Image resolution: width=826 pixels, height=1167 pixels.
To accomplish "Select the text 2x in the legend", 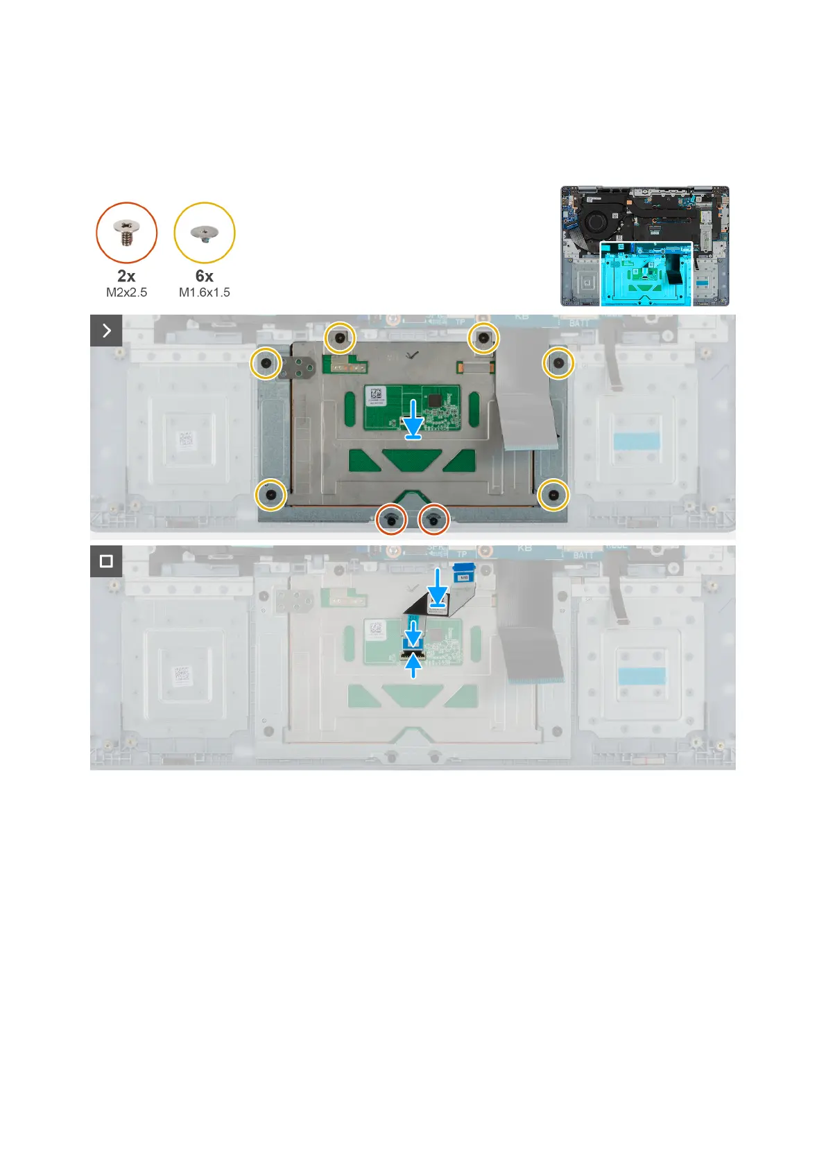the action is pos(126,276).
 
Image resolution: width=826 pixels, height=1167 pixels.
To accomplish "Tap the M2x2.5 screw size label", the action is pos(126,292).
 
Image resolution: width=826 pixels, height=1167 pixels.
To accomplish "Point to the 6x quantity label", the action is pos(205,276).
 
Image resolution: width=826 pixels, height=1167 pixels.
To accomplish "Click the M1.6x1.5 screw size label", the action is pos(205,292).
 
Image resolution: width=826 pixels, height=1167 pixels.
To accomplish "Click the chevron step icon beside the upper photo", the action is pos(106,331).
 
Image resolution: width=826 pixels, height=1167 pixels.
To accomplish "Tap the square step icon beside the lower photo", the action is pos(106,561).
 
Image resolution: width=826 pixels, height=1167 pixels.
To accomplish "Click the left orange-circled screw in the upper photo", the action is pos(391,519).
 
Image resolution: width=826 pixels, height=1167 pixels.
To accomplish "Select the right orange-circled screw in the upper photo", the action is pos(434,519).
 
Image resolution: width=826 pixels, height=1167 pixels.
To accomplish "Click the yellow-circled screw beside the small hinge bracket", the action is pos(266,362).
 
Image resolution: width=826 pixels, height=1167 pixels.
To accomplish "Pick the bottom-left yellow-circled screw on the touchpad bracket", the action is pos(270,495).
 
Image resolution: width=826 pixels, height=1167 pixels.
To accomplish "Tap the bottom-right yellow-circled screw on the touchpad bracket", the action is pos(553,495).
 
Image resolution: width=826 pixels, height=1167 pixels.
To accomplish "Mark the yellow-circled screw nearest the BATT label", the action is pos(558,362).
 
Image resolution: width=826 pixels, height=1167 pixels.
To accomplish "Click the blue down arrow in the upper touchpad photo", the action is pos(413,419).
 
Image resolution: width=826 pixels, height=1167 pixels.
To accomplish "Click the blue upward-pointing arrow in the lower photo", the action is pos(413,667).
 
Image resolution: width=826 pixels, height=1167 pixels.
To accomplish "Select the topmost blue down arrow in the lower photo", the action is pos(437,586).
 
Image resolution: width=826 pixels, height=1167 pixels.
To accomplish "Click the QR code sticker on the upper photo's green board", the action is pos(375,396).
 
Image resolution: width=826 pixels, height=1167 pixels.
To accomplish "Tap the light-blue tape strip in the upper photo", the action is pos(636,441).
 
